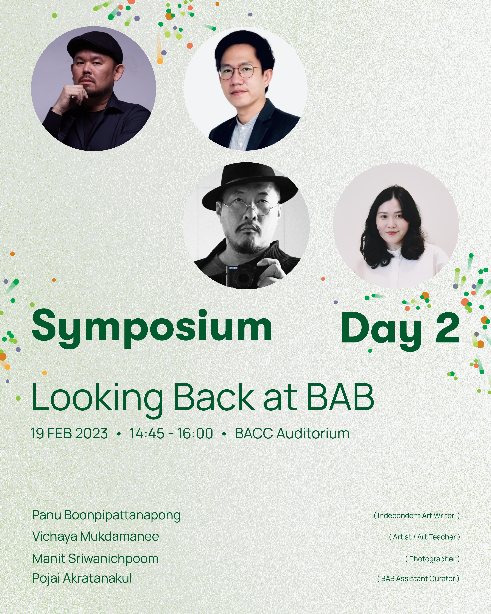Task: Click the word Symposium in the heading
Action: coord(152,328)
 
